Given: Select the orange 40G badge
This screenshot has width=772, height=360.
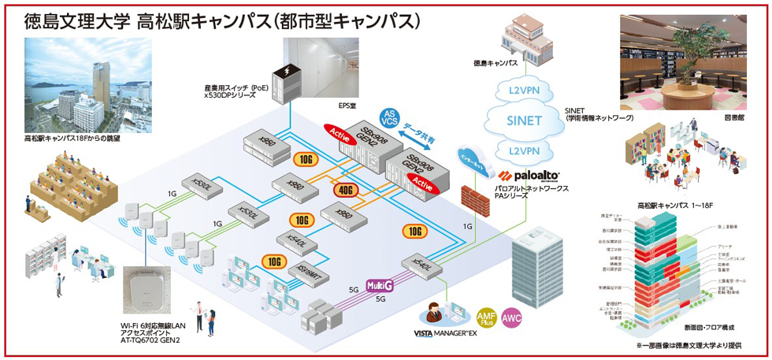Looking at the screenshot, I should coord(344,190).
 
